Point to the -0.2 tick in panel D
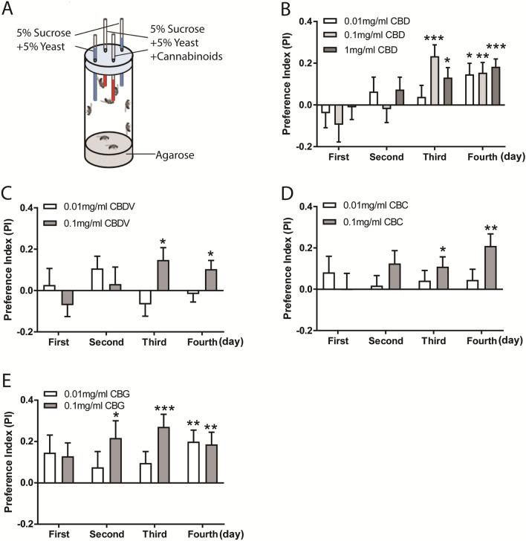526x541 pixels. point(301,331)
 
